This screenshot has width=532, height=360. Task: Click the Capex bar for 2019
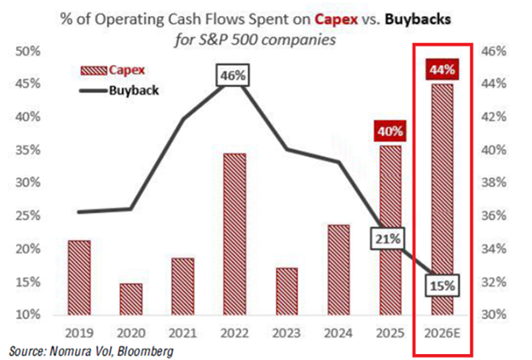(78, 276)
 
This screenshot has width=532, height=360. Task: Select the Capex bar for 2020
(130, 299)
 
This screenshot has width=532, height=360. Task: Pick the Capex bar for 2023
(286, 291)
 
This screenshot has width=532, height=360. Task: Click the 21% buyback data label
(389, 239)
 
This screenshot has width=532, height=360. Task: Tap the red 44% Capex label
(442, 67)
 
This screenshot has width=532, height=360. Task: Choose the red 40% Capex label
(390, 132)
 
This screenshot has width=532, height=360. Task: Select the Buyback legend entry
(128, 89)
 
